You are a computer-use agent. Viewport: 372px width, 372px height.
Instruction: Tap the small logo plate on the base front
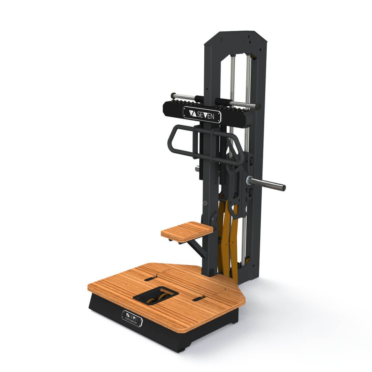[132, 318]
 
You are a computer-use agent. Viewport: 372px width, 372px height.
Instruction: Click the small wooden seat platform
[187, 231]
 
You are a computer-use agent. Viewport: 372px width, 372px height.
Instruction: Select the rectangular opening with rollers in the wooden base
[156, 296]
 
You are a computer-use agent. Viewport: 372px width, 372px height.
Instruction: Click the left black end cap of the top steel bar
[173, 95]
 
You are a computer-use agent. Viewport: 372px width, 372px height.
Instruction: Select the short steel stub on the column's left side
[197, 169]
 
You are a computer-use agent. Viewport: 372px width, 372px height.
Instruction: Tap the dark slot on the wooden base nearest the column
[151, 278]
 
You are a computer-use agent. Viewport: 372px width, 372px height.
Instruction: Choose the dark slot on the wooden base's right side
[199, 299]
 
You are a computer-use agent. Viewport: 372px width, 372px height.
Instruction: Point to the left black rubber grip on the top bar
[199, 99]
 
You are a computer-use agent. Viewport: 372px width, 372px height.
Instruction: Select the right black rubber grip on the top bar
[223, 102]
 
